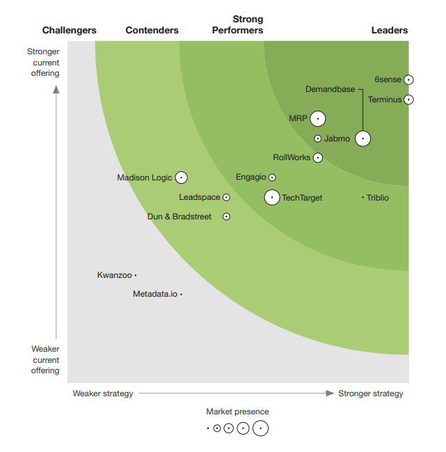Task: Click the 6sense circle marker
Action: pos(409,80)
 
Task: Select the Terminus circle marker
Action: pos(409,100)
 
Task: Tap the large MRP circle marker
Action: pos(318,119)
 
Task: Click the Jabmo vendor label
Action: pos(337,139)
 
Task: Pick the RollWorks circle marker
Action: pos(318,157)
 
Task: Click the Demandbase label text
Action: pos(330,89)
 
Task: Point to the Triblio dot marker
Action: pos(363,198)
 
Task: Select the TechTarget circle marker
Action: pos(272,198)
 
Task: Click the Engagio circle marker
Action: pos(272,178)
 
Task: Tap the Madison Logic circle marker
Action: pos(182,178)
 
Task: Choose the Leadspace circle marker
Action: pos(226,198)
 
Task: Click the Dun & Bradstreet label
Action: pos(180,217)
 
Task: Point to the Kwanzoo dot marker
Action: pos(136,275)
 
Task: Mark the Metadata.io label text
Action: pos(155,294)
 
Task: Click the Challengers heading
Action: pos(70,30)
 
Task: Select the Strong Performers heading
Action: pos(237,24)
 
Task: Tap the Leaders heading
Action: pos(390,30)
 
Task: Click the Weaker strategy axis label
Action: pos(103,393)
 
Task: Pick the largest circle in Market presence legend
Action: pos(260,428)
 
